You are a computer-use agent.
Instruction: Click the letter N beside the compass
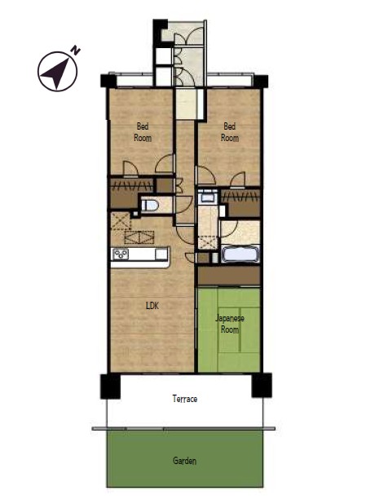76,51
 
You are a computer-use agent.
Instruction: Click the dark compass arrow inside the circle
57,73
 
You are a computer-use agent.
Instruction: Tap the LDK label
152,306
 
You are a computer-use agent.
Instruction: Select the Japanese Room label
229,324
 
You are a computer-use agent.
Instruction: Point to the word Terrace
185,399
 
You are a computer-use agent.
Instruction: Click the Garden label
184,461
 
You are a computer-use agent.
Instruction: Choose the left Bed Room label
143,132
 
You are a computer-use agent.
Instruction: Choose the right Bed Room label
230,132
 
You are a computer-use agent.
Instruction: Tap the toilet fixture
150,205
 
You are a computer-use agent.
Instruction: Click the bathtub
240,254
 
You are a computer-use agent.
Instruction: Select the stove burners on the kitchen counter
121,254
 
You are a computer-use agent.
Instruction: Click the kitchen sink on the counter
161,254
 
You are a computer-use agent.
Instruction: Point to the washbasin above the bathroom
207,196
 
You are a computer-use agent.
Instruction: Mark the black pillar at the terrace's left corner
110,386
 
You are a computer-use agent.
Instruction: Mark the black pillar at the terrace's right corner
262,385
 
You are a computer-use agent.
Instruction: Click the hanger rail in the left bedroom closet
131,186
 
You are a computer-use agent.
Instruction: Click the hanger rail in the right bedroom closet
240,196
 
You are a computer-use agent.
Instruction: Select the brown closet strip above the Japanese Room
229,276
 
